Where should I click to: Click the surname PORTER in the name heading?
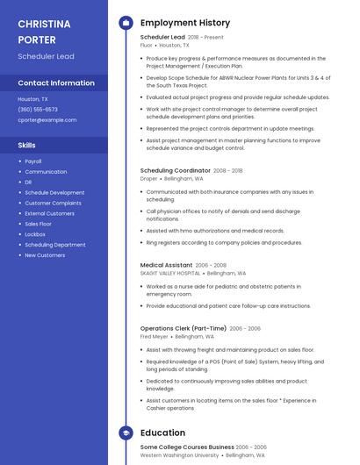[36, 39]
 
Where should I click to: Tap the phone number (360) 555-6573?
[38, 110]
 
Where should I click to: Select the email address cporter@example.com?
[47, 119]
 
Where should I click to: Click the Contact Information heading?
[56, 83]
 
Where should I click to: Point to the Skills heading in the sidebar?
[27, 145]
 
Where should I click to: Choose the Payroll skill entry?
[33, 161]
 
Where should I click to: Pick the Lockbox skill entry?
[35, 234]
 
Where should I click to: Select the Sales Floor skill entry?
[39, 224]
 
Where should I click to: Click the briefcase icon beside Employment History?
[126, 22]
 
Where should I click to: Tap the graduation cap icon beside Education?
[126, 433]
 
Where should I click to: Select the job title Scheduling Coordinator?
[175, 170]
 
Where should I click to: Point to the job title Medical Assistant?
[166, 265]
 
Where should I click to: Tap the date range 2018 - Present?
[205, 38]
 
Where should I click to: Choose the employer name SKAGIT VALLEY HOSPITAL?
[170, 273]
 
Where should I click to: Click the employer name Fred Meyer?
[154, 336]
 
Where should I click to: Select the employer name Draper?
[148, 178]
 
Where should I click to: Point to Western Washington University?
[179, 454]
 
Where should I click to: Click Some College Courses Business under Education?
[187, 447]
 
